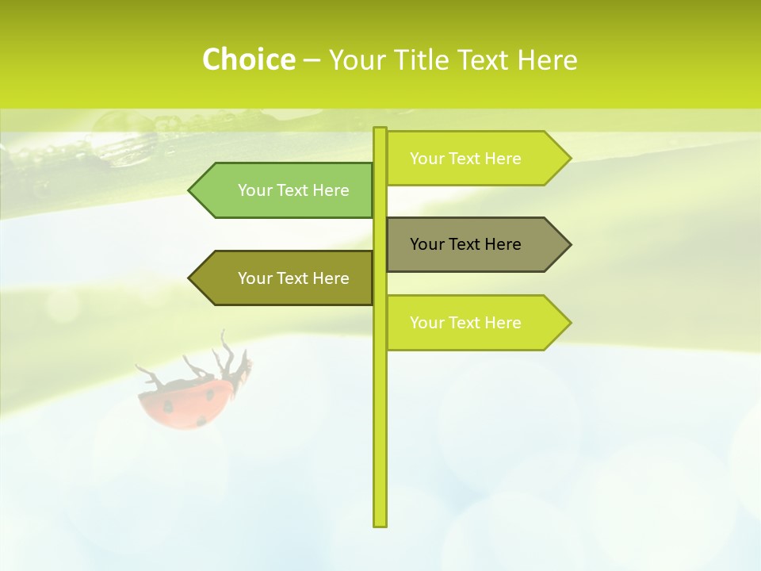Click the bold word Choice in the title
click(248, 59)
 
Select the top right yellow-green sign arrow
click(476, 159)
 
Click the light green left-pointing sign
click(285, 190)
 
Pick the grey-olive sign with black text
click(476, 244)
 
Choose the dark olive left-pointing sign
click(285, 278)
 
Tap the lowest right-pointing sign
click(476, 323)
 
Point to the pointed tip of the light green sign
click(191, 190)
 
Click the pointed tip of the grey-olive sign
click(568, 244)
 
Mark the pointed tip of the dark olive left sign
click(191, 278)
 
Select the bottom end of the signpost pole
click(380, 523)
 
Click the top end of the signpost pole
click(380, 130)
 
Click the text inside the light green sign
click(293, 190)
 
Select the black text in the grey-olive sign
click(465, 244)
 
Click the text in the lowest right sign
click(465, 323)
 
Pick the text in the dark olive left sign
click(293, 278)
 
